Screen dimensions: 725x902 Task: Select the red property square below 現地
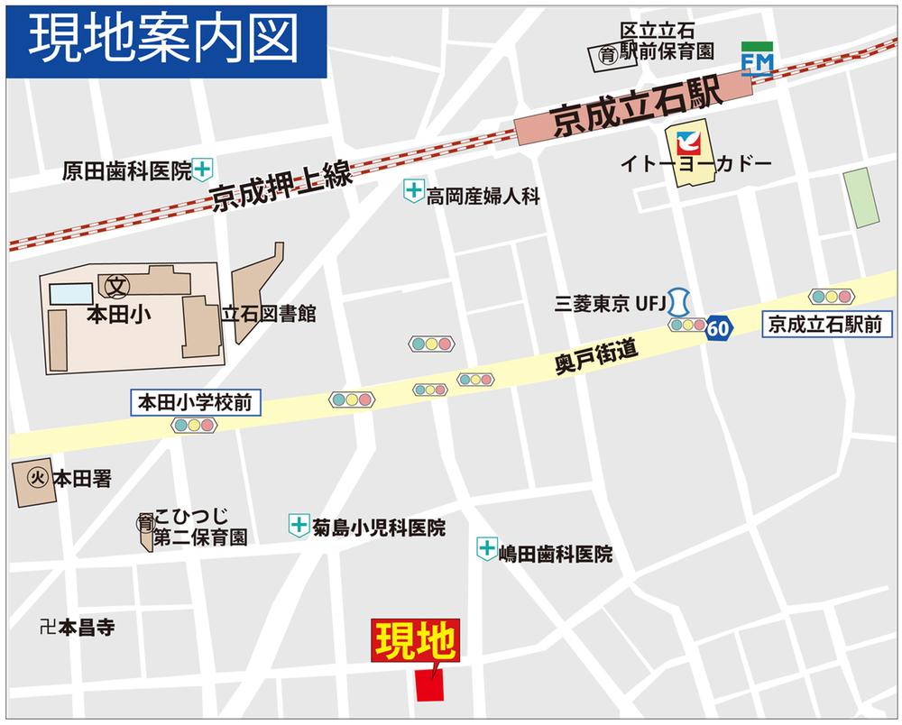[430, 685]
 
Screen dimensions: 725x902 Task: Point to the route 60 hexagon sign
[718, 328]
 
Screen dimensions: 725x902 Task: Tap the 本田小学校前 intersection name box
[197, 402]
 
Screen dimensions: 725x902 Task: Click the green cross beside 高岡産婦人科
[413, 190]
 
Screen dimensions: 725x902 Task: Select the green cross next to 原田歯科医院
[204, 168]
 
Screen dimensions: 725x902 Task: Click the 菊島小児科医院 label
[379, 528]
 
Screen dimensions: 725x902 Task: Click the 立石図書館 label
[269, 314]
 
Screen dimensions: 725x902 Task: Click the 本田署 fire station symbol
[37, 479]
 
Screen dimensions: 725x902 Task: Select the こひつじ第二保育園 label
[199, 528]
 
